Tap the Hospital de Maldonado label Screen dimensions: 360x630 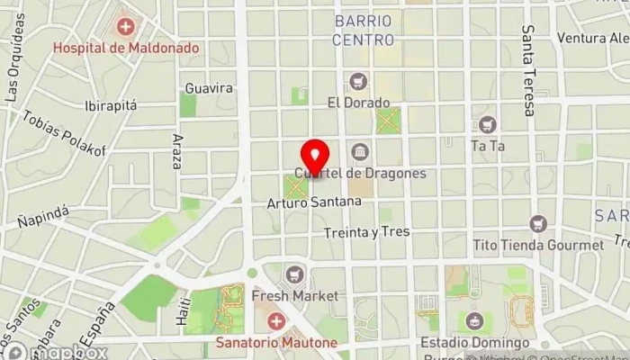coord(126,47)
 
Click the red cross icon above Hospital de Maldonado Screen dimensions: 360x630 coord(126,26)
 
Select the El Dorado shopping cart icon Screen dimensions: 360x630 coord(360,82)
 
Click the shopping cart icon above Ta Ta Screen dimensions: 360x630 coord(487,123)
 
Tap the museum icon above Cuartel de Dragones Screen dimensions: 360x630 coord(360,151)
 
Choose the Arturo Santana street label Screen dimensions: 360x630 coord(313,202)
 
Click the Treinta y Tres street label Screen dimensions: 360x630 coord(367,232)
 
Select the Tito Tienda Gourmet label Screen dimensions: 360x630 coord(538,245)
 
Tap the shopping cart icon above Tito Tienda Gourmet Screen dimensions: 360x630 coord(538,224)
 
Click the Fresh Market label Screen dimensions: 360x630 coord(294,295)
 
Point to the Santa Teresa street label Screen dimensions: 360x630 coord(528,70)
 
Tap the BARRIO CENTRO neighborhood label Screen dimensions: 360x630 coord(363,30)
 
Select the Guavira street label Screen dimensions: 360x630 coord(208,88)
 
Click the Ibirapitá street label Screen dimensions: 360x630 coord(110,105)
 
